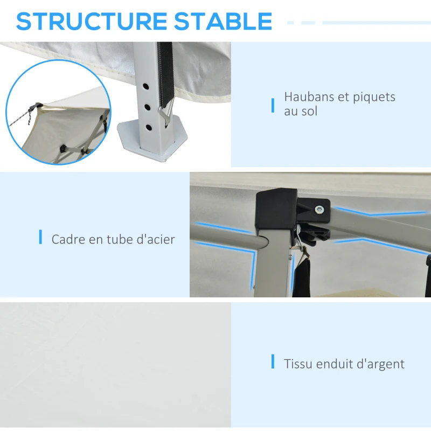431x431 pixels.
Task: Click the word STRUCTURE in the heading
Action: pos(92,21)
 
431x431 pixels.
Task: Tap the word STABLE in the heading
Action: pos(223,21)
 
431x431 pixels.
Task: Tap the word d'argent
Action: pos(381,365)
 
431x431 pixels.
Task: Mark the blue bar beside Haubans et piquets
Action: pos(273,106)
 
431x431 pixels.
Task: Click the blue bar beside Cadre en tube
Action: pos(41,237)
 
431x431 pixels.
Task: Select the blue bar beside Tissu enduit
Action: pos(273,361)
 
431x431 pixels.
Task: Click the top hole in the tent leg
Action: pos(145,87)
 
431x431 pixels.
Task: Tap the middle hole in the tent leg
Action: pos(147,107)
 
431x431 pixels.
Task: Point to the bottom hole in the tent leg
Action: pos(149,128)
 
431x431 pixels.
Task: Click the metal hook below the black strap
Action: pos(166,114)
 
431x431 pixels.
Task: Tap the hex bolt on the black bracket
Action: pos(319,210)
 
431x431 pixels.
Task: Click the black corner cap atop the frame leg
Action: pos(276,210)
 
